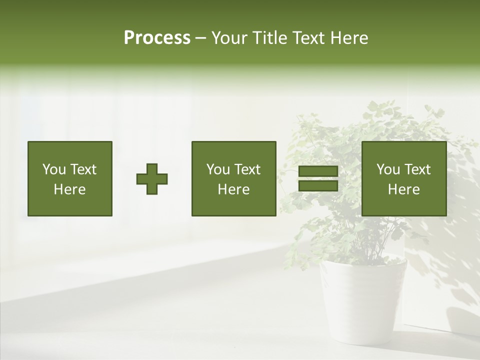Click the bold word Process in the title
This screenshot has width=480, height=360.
157,38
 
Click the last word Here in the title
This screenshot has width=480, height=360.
349,38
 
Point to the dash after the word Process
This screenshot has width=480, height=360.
200,38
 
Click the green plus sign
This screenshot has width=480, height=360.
152,179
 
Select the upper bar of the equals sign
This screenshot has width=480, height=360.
318,171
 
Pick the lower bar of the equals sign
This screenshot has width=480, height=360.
318,186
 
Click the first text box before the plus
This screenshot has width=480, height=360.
69,178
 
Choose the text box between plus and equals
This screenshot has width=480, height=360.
233,178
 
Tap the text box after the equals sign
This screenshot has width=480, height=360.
403,178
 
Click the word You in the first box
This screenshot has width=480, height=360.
54,169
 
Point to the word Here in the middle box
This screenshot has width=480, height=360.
233,189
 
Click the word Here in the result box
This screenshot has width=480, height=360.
403,189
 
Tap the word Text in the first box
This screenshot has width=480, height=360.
83,169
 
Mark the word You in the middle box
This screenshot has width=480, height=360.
218,169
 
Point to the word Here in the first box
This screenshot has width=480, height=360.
69,189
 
